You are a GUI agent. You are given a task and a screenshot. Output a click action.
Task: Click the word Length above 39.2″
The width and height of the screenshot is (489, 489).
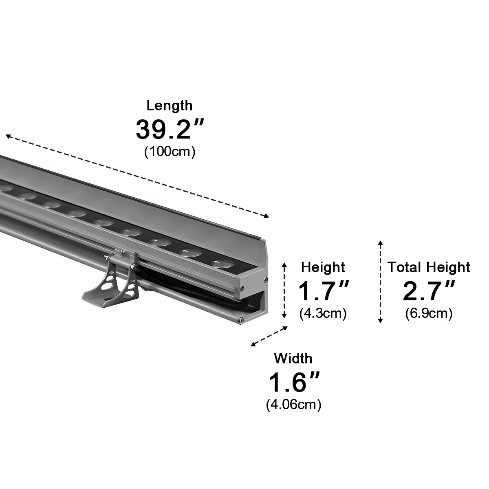pos(169,106)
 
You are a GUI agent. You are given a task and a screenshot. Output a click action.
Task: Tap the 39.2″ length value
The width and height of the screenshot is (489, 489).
pos(169,129)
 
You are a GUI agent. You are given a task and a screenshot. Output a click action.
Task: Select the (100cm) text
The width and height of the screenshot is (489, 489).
pos(170,152)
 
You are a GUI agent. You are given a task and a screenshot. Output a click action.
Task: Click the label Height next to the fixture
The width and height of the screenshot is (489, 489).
pos(323,267)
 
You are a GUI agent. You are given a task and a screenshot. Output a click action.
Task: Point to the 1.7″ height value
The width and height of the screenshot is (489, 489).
pos(323,291)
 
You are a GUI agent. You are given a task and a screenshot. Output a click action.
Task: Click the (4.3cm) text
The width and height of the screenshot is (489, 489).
pos(323,313)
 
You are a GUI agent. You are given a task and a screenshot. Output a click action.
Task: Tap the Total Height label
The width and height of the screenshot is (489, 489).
pos(428,267)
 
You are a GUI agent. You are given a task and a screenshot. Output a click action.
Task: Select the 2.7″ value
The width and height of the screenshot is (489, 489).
pos(428,291)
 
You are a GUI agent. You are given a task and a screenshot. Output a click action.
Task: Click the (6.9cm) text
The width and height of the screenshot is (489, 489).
pos(429,313)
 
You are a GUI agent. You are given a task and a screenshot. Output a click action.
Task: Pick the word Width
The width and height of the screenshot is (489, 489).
pos(293,359)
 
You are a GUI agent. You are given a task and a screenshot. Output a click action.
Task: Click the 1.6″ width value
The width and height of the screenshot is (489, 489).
pos(293,382)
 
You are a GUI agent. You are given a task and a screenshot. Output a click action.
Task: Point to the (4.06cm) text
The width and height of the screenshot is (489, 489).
pos(293,405)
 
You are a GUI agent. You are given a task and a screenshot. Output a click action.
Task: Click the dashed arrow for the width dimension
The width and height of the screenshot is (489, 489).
pos(269,336)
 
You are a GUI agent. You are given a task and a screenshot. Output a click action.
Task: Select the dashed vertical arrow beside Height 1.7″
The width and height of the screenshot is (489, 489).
pos(284,290)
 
